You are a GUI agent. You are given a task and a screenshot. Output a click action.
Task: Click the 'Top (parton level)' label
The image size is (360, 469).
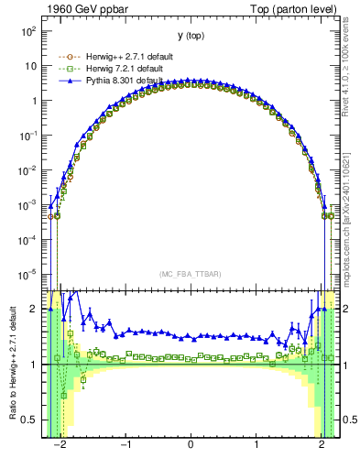(x=299, y=8)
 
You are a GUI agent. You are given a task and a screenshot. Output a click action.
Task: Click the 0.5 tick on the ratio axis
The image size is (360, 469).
(x=31, y=420)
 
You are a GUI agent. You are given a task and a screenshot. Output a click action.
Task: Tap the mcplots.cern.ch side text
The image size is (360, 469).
(x=352, y=211)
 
